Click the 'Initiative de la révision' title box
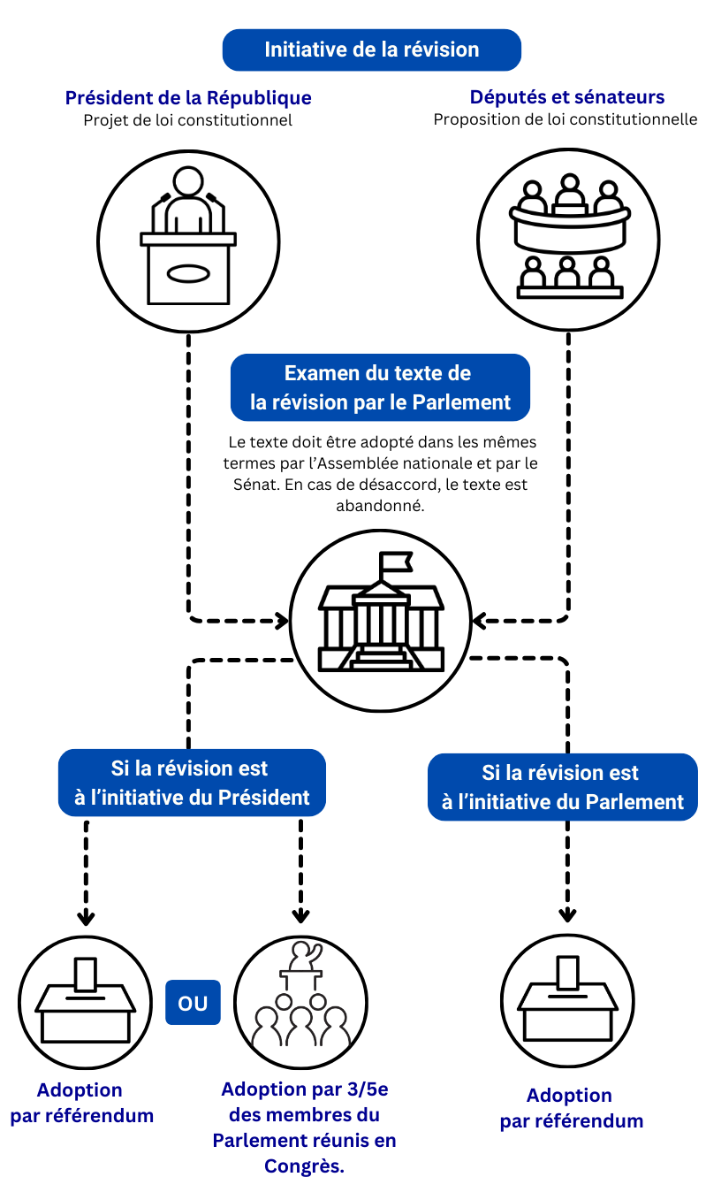pos(371,50)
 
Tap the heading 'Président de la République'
pos(188,97)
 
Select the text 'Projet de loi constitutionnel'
pos(188,119)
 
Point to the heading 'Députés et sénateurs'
pos(566,97)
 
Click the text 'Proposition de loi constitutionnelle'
pos(566,119)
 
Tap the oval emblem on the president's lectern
pos(188,274)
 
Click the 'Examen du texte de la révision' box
pos(380,387)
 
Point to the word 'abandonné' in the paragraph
pos(380,507)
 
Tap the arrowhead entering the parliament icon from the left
pos(283,620)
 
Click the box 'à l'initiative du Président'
pos(192,783)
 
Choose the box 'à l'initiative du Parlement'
pos(563,787)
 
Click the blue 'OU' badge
pos(193,1003)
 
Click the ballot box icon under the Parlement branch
pos(567,999)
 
